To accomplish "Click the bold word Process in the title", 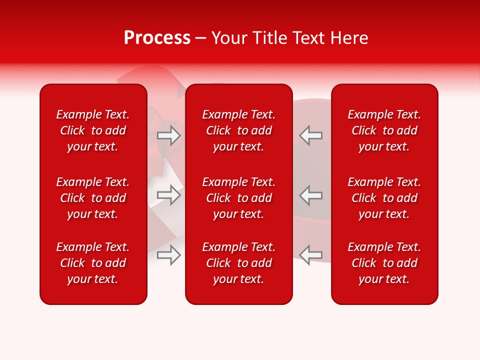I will click(x=157, y=38).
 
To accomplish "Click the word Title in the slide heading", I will click(x=270, y=38).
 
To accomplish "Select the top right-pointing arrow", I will click(x=169, y=135).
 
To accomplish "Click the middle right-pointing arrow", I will click(x=169, y=195).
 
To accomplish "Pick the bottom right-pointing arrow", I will click(x=169, y=255).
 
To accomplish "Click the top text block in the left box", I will click(x=93, y=130).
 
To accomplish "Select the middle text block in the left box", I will click(x=93, y=198).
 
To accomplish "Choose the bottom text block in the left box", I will click(x=93, y=263).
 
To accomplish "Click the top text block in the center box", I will click(x=238, y=130).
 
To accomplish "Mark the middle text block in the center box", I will click(x=238, y=198).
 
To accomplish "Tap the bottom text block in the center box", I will click(x=238, y=263).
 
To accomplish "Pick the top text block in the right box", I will click(x=384, y=130).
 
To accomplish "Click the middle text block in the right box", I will click(x=384, y=198).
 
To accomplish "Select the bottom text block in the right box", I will click(x=384, y=263).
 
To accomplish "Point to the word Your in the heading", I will click(x=229, y=38).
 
